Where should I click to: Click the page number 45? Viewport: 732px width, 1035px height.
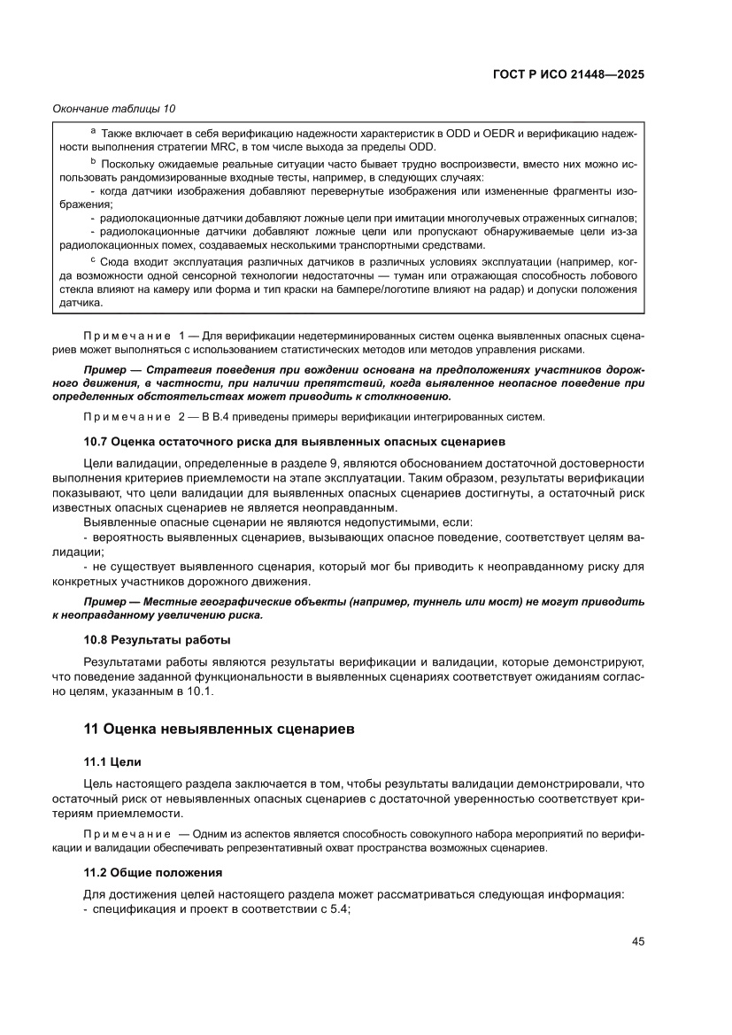pyautogui.click(x=637, y=941)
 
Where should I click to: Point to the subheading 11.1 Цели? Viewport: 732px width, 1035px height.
pyautogui.click(x=112, y=761)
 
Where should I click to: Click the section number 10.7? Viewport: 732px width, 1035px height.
pyautogui.click(x=98, y=440)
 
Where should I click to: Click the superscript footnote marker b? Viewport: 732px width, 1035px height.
pyautogui.click(x=94, y=163)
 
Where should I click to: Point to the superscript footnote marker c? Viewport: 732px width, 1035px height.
pyautogui.click(x=94, y=259)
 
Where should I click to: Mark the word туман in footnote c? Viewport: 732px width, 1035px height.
pyautogui.click(x=414, y=275)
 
